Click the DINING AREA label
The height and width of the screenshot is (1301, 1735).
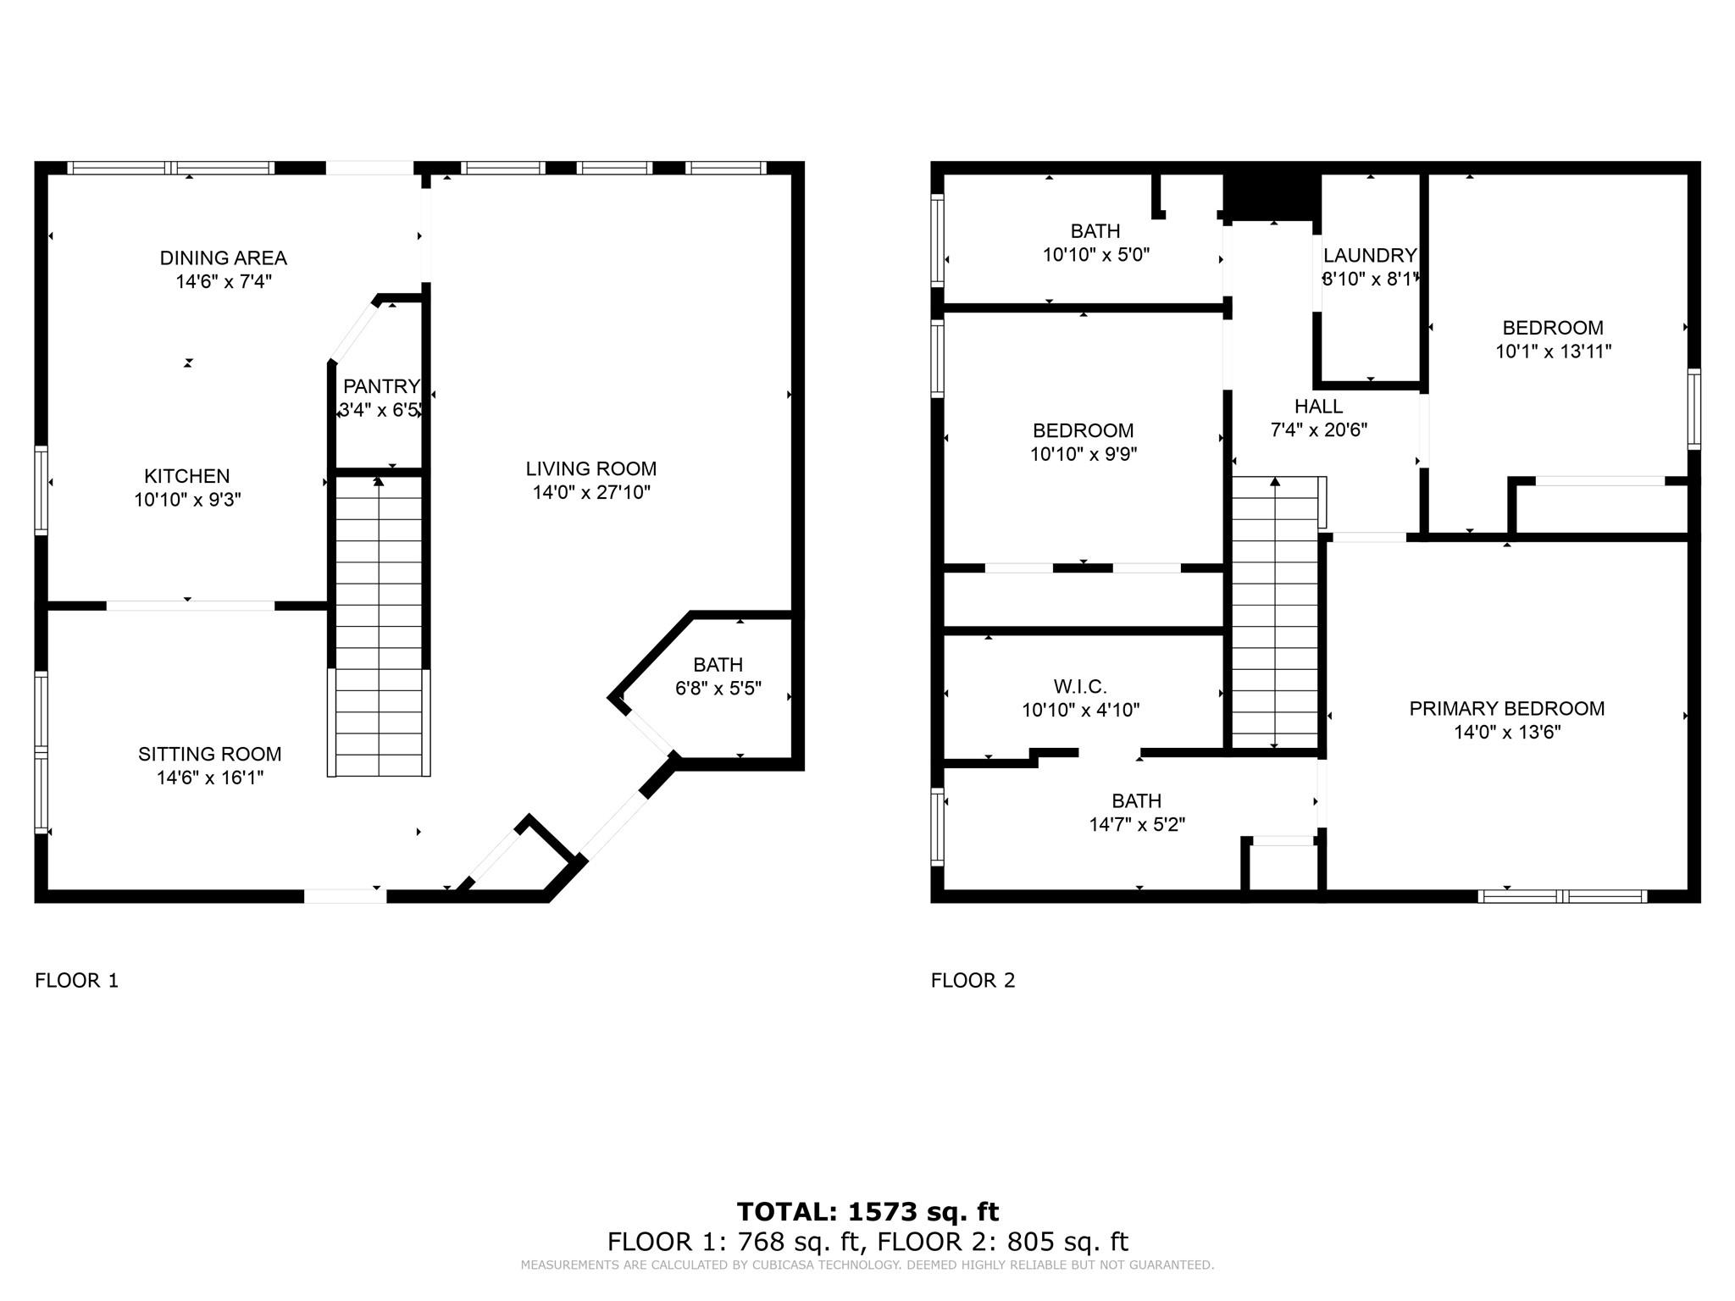(223, 257)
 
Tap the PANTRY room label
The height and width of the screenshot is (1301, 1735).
(380, 386)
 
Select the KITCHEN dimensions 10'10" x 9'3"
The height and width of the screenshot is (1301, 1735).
(187, 500)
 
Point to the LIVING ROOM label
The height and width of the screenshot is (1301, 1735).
(590, 468)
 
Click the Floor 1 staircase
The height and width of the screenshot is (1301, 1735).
(379, 627)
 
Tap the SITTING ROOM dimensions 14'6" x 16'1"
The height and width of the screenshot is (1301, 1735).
(210, 778)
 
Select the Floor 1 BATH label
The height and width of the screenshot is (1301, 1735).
(718, 665)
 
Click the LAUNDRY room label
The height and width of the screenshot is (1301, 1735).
(1369, 255)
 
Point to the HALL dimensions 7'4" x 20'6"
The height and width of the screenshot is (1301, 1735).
(1318, 430)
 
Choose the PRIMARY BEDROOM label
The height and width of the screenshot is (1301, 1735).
(1506, 708)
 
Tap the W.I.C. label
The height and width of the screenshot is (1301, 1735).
(1080, 686)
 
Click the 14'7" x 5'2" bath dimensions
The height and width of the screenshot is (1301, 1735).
(1136, 824)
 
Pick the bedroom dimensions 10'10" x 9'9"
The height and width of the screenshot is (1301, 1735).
(1083, 454)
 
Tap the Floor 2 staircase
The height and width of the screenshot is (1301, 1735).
(1274, 614)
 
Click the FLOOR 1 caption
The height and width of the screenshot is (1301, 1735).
(76, 980)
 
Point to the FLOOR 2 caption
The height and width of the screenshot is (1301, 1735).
(973, 980)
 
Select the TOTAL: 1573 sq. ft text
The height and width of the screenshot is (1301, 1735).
(867, 1211)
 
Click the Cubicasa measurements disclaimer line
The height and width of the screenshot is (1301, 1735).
(867, 1265)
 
